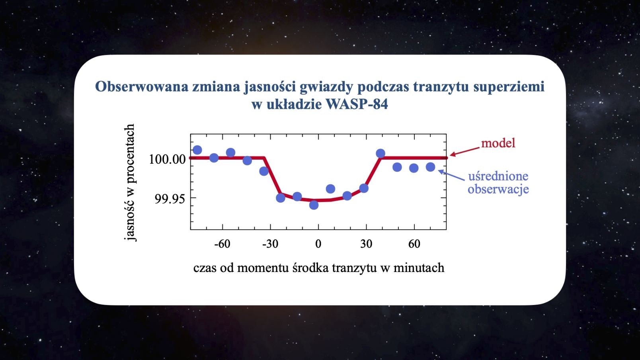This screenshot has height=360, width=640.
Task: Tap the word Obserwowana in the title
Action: (142, 87)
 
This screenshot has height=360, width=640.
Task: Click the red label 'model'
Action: (498, 143)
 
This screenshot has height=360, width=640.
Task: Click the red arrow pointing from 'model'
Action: (465, 152)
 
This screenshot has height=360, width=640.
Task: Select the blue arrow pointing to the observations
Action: (451, 175)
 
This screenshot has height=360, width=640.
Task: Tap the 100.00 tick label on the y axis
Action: (168, 159)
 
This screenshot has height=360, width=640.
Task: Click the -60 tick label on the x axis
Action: (222, 244)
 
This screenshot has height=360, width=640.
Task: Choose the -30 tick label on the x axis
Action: (270, 244)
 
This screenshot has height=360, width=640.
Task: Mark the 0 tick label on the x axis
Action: (318, 244)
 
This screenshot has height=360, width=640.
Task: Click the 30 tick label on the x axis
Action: (366, 244)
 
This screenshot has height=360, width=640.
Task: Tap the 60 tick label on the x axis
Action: (414, 244)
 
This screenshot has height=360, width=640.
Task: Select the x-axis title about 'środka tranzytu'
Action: (319, 268)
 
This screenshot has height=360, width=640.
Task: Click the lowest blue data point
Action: (314, 205)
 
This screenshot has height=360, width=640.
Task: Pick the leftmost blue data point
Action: (197, 150)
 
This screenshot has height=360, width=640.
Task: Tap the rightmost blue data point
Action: (430, 167)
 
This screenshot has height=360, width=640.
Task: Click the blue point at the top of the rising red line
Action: (380, 154)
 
